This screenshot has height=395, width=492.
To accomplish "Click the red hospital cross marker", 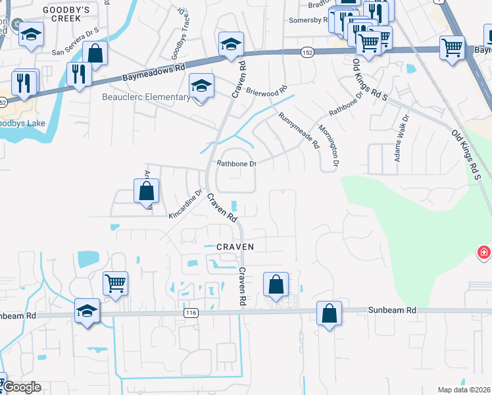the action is [x=484, y=253].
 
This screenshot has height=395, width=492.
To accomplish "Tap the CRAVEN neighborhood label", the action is [x=235, y=246].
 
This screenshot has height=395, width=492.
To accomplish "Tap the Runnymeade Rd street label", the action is [x=299, y=130].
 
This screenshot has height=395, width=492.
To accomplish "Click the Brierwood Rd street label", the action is [x=267, y=92].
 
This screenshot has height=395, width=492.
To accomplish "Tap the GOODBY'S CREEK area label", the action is [x=65, y=10].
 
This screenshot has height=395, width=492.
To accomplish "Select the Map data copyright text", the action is [x=464, y=390].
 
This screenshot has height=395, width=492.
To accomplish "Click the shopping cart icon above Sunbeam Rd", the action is [x=115, y=284].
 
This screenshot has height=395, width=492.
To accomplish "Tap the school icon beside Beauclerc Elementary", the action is [x=202, y=85].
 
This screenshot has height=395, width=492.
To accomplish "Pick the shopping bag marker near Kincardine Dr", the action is [x=146, y=192].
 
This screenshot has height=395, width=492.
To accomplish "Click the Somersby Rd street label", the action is [x=308, y=20].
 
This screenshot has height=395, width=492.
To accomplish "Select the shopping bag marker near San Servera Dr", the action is [x=95, y=53].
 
